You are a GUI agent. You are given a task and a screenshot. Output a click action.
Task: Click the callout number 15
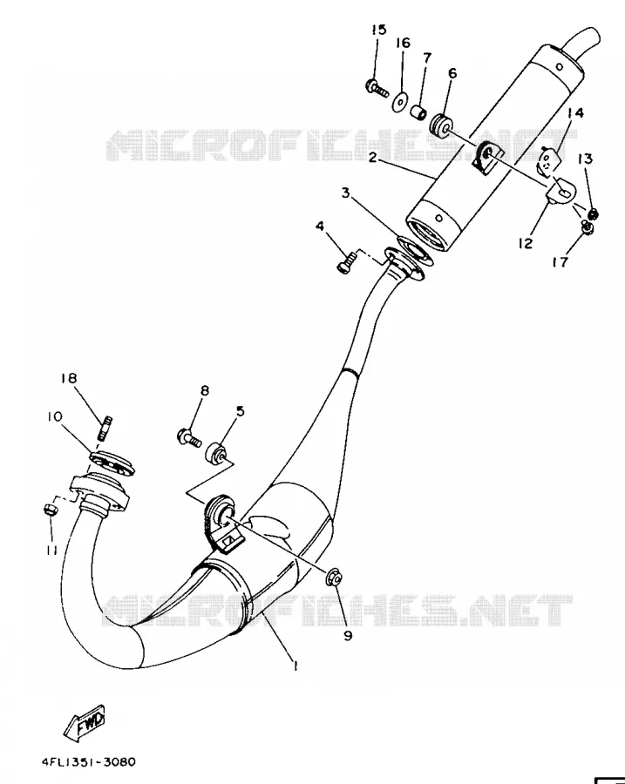(379, 30)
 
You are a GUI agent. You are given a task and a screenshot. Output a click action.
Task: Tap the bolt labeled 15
(377, 88)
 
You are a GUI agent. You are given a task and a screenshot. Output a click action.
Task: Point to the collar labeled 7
(418, 112)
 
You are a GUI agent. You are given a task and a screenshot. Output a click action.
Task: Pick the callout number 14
(575, 113)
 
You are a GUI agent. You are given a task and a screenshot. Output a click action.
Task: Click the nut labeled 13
(594, 214)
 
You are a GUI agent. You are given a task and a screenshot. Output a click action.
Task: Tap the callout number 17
(560, 262)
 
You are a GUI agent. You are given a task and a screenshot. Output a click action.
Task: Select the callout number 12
(526, 244)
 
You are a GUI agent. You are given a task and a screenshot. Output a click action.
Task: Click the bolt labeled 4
(347, 262)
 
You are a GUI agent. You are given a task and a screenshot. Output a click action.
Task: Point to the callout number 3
(345, 193)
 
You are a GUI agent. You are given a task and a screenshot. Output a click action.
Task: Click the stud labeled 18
(105, 429)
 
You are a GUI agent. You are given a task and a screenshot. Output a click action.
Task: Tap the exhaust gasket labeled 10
(112, 463)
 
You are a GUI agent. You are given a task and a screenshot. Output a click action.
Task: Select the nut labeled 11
(51, 510)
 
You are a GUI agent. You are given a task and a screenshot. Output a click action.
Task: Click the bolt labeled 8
(189, 438)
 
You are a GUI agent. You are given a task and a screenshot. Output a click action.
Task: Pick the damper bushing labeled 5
(216, 452)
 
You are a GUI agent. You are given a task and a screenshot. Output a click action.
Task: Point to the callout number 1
(296, 666)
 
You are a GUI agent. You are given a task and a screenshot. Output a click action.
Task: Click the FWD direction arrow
(85, 722)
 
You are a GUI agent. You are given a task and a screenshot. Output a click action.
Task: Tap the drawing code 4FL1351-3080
(89, 762)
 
